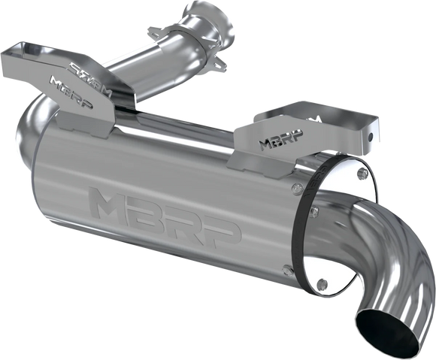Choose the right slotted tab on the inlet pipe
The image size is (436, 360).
(x=220, y=67)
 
